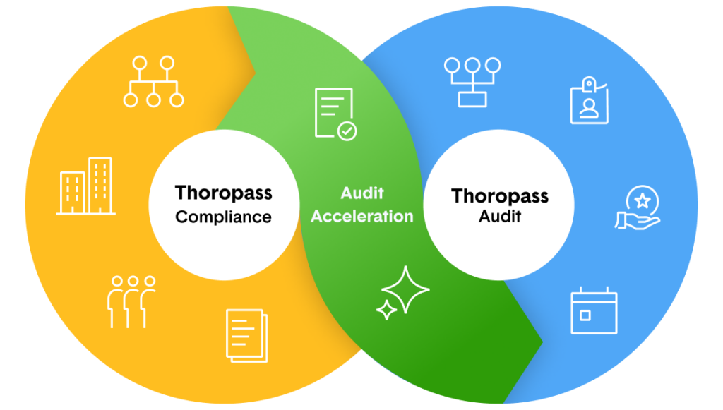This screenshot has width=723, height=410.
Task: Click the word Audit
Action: [362, 193]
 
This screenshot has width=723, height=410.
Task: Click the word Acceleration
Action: [362, 216]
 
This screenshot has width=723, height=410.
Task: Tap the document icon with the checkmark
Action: [334, 113]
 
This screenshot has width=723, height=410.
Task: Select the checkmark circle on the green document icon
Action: [347, 131]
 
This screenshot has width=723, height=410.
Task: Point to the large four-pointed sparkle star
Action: [406, 289]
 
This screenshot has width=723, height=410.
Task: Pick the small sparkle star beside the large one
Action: [386, 310]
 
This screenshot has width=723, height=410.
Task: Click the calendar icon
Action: [594, 310]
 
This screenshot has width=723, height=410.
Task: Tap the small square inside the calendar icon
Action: [585, 315]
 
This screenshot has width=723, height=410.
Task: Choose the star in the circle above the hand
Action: [642, 199]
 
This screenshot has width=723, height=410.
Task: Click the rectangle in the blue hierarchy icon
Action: [472, 100]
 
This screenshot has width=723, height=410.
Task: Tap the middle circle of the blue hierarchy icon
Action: [472, 66]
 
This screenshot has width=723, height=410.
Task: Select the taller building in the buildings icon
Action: [100, 185]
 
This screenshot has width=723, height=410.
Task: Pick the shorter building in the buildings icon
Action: [73, 192]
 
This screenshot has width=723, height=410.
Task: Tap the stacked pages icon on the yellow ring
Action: [246, 335]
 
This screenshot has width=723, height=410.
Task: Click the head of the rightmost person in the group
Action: [149, 281]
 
